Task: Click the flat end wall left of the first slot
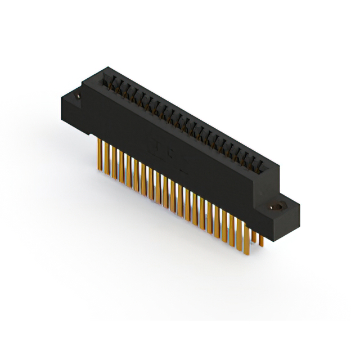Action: [101, 76]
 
